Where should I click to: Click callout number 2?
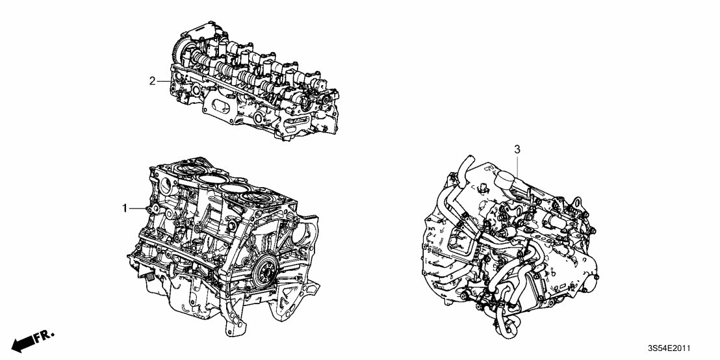pyautogui.click(x=152, y=81)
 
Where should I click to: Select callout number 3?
pyautogui.click(x=517, y=150)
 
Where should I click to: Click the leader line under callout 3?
pyautogui.click(x=517, y=164)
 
